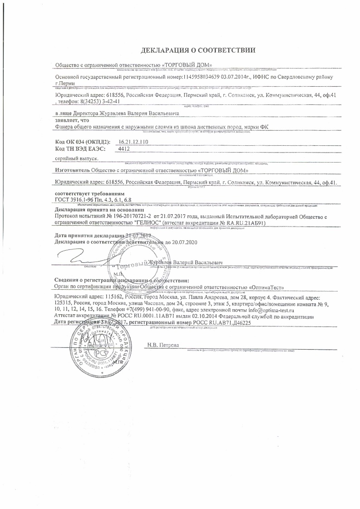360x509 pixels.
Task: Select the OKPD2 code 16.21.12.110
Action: click(x=133, y=142)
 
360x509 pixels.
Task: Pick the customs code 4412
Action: click(x=123, y=148)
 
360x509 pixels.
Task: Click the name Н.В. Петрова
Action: click(x=164, y=346)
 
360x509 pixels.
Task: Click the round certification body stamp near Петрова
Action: click(x=95, y=347)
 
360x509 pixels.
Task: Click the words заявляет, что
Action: click(x=69, y=121)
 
